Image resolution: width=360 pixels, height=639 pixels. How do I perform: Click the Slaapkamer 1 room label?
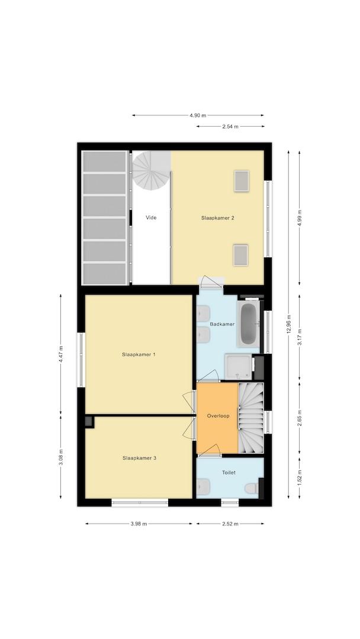point(139,354)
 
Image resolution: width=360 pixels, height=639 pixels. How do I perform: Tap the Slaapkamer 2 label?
point(218,218)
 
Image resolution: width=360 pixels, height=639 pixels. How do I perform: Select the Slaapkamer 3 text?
point(139,458)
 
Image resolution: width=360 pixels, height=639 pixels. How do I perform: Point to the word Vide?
point(151,218)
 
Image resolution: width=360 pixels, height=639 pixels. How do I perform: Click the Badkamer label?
point(222,324)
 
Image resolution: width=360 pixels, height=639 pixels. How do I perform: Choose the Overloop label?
point(218,416)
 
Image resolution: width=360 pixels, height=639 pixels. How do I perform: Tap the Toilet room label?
point(229,473)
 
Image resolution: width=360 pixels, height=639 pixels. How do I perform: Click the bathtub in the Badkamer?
point(248,324)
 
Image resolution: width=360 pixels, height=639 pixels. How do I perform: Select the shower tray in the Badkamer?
point(239,366)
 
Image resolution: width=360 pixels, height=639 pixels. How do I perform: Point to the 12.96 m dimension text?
point(289,325)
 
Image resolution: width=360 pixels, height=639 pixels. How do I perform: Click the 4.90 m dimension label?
point(198,115)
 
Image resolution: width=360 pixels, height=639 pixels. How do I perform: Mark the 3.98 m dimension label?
point(139,524)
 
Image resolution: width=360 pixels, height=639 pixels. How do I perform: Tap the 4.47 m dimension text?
point(61,354)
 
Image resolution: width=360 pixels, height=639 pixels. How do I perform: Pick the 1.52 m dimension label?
point(300,477)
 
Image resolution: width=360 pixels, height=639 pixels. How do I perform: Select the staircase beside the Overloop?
point(250,418)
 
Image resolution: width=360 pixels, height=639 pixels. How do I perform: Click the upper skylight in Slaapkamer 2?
point(242,181)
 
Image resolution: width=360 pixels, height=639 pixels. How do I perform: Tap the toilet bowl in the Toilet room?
point(252,488)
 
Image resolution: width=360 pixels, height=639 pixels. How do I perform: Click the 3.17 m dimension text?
point(300,337)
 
